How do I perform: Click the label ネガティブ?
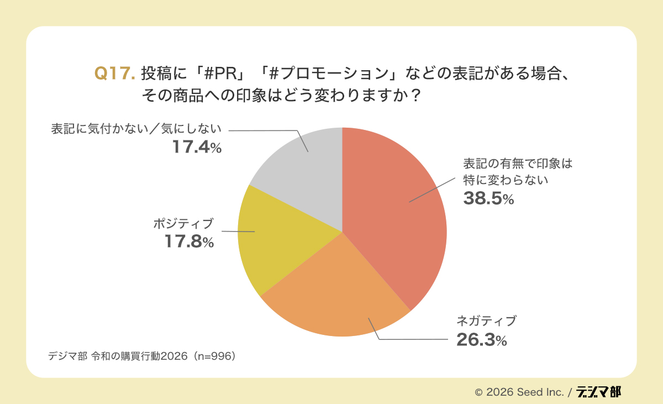click(486, 321)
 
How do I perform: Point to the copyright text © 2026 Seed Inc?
click(519, 392)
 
